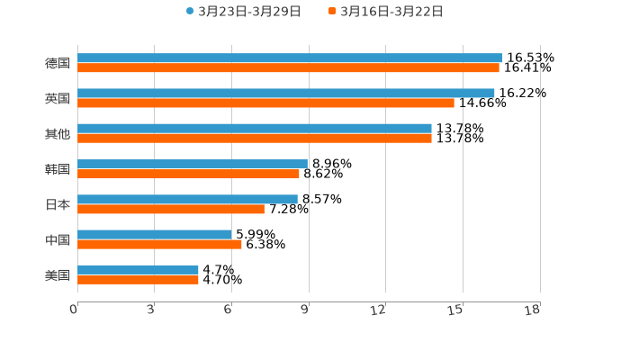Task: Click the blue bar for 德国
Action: point(290,58)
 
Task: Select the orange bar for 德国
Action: point(288,67)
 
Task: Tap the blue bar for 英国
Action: point(286,93)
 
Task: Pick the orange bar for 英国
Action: point(265,103)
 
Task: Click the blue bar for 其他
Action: point(255,128)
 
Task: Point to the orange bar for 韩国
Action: point(188,174)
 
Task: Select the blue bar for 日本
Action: point(187,199)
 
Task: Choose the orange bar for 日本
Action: point(171,209)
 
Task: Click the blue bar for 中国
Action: point(155,234)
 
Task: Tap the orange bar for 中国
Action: point(159,244)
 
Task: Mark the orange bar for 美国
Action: point(138,279)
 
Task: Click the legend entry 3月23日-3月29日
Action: point(243,12)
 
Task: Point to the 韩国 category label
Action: point(57,169)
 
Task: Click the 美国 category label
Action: point(57,274)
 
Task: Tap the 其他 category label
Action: point(57,133)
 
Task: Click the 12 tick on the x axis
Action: point(379,310)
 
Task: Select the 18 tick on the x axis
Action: point(533,310)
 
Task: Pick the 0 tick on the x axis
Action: point(74,310)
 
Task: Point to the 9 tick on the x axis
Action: point(304,310)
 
